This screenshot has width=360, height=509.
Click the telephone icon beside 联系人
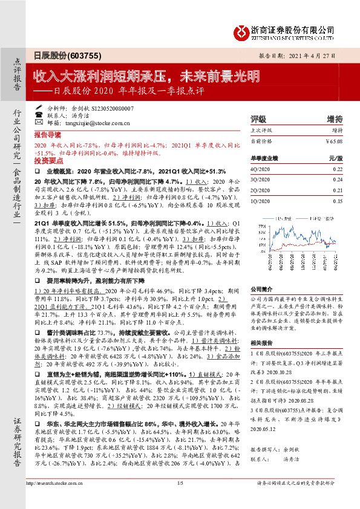pos(39,114)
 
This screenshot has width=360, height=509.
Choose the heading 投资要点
pos(48,163)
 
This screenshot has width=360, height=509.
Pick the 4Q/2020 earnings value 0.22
pos(338,169)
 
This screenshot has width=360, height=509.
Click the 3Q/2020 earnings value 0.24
pos(338,180)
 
